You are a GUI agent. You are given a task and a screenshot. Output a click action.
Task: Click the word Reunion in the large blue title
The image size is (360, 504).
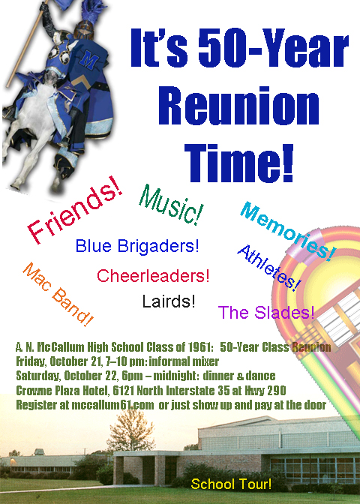pyautogui.click(x=238, y=106)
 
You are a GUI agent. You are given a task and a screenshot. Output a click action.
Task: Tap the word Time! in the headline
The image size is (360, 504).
pyautogui.click(x=239, y=163)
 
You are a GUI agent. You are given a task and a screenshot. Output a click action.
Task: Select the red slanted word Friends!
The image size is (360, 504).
pyautogui.click(x=74, y=209)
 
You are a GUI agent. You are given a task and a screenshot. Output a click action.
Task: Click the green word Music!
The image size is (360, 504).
pyautogui.click(x=171, y=205)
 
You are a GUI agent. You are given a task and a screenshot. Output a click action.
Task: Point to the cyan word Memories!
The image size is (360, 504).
pyautogui.click(x=288, y=232)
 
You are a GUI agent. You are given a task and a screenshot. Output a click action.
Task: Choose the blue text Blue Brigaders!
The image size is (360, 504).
pyautogui.click(x=137, y=246)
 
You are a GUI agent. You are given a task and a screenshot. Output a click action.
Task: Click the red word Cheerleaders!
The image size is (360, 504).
pyautogui.click(x=153, y=276)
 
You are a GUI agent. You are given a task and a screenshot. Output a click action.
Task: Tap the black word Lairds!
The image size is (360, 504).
pyautogui.click(x=169, y=301)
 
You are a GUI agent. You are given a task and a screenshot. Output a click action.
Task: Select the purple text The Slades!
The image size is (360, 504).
pyautogui.click(x=266, y=312)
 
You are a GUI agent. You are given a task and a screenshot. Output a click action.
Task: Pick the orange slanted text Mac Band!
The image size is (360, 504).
pyautogui.click(x=58, y=294)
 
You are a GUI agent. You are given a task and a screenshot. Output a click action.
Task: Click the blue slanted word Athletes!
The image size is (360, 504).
pyautogui.click(x=269, y=268)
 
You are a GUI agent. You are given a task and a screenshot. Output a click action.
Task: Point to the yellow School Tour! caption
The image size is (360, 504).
pyautogui.click(x=231, y=484)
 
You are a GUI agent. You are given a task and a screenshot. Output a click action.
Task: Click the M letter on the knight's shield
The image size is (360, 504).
pyautogui.click(x=88, y=59)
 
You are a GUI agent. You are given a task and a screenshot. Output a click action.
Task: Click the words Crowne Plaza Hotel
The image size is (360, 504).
pyautogui.click(x=61, y=390)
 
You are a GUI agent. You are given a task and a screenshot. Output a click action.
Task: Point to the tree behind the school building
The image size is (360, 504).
pyautogui.click(x=130, y=429)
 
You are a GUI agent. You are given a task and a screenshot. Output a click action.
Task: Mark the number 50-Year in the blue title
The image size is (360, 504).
pyautogui.click(x=274, y=47)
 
